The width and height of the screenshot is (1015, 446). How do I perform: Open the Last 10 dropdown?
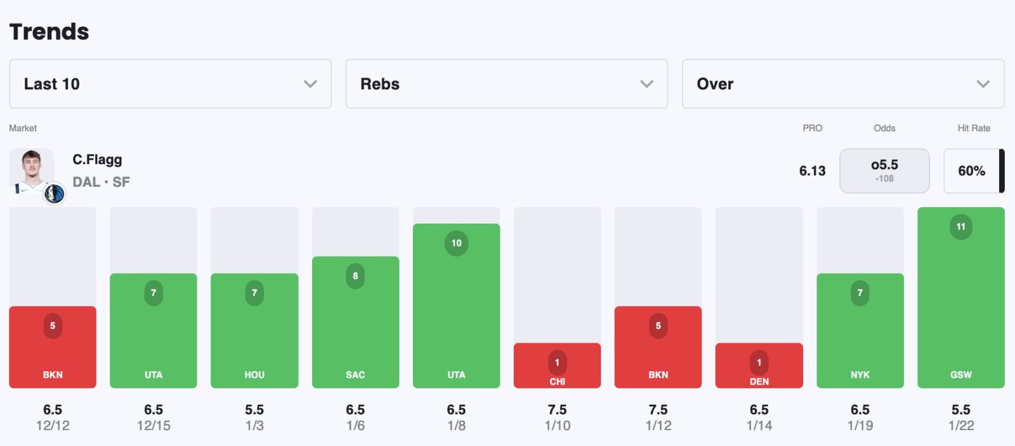(x=170, y=84)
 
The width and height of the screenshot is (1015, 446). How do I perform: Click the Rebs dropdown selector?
(x=506, y=84)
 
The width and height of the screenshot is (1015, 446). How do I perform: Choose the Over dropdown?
(x=842, y=84)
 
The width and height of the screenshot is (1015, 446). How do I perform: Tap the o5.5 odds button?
(x=884, y=170)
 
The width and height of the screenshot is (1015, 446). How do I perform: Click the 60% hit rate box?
(x=971, y=170)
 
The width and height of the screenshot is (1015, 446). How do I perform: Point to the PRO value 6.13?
(x=812, y=170)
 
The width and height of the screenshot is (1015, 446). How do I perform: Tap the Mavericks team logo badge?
(x=55, y=193)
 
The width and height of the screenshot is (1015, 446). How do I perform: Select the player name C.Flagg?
(x=97, y=160)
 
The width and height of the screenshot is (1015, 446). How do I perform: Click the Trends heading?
(x=49, y=32)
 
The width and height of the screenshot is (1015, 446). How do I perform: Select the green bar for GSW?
(x=960, y=298)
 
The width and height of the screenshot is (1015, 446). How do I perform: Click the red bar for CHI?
(x=557, y=366)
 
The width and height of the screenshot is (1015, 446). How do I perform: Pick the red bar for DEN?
(x=759, y=366)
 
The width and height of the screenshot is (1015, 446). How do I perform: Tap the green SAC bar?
(x=355, y=322)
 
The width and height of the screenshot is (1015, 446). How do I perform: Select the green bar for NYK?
(x=860, y=331)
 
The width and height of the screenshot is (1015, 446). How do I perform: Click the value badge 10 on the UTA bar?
(x=456, y=243)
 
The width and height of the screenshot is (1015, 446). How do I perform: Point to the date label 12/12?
(x=53, y=426)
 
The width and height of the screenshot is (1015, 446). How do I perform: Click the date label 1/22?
(x=960, y=426)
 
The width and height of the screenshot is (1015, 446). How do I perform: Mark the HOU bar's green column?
(x=254, y=331)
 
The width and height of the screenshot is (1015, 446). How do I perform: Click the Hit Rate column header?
(x=973, y=128)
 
